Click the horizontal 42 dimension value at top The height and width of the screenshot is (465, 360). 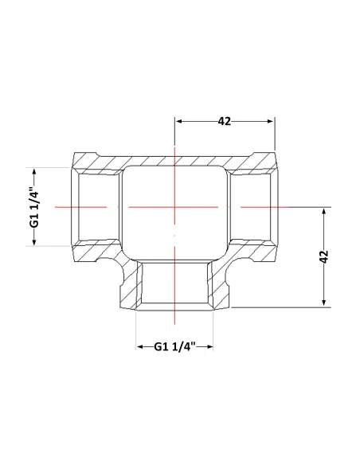point(224,121)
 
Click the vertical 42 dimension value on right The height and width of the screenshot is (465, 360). point(324,256)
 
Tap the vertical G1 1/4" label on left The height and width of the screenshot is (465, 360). point(35,206)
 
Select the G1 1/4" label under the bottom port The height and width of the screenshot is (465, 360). point(175,346)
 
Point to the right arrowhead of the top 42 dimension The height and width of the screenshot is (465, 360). point(271,121)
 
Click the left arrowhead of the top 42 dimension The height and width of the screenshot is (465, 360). point(178,121)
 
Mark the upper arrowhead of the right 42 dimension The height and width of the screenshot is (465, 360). point(324,211)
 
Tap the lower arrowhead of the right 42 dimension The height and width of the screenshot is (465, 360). point(324,302)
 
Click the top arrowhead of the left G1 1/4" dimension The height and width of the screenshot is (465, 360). point(34,172)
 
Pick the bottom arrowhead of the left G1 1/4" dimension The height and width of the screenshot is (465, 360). point(34,242)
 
